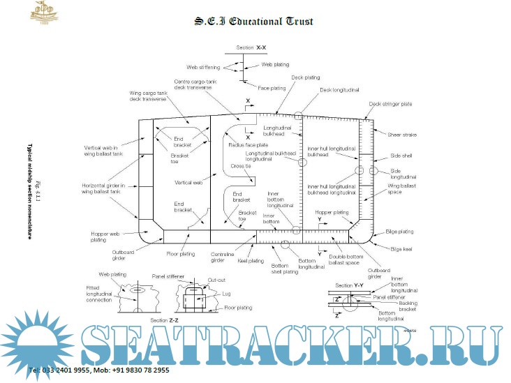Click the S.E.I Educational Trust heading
pos(253,22)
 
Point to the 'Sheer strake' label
pos(401,134)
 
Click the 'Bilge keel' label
pos(402,248)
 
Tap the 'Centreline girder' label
pos(223,257)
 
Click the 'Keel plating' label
pos(251,261)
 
